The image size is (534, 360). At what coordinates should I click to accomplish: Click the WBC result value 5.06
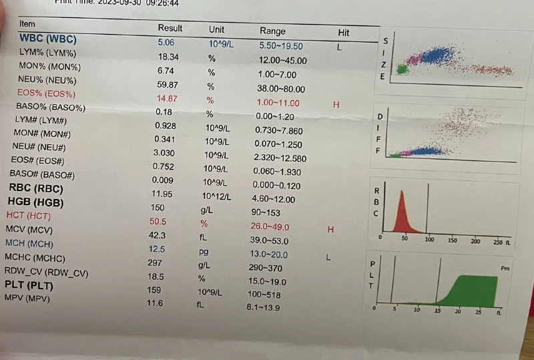tap(166, 42)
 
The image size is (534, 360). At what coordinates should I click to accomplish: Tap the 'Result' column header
tap(170, 29)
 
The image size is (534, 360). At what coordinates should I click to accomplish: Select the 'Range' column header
tap(272, 31)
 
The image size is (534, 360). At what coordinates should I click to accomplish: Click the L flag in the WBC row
tap(339, 47)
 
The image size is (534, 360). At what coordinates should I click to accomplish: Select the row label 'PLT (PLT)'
tap(30, 286)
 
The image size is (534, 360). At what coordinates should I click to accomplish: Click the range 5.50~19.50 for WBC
tap(280, 46)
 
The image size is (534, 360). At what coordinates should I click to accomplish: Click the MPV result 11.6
tap(154, 303)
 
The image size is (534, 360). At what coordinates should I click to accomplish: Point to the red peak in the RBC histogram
tap(402, 207)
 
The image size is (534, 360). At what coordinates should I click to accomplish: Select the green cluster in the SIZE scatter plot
tap(401, 69)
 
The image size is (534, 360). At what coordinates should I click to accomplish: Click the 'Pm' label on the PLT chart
tap(505, 267)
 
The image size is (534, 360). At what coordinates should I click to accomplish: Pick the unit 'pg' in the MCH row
tap(204, 252)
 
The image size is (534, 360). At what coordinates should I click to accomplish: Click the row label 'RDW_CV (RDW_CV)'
tap(47, 273)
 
